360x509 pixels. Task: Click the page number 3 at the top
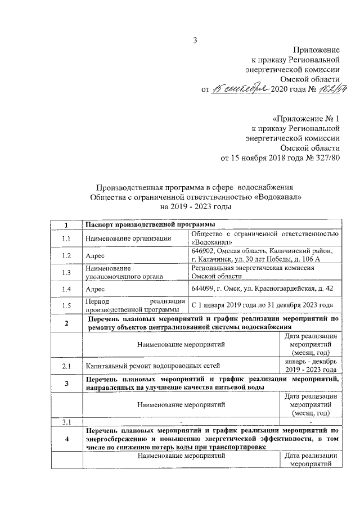click(195, 39)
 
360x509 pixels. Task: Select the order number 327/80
click(325, 157)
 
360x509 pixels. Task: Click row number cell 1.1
click(66, 238)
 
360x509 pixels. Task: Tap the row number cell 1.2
click(66, 255)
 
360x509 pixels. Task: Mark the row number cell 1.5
click(66, 305)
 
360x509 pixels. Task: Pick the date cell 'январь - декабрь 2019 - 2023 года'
click(310, 366)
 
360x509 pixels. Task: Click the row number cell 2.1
click(66, 366)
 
